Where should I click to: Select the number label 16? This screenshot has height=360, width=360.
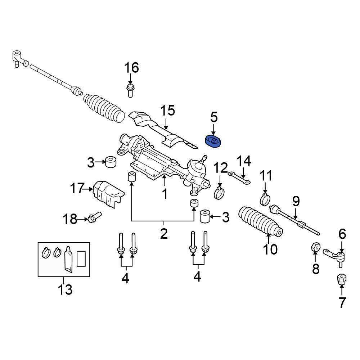click(x=131, y=68)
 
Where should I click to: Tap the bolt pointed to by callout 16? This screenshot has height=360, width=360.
click(x=130, y=90)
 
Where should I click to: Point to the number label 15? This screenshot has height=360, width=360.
click(x=167, y=111)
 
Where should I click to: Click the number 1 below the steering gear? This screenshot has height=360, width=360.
click(x=165, y=194)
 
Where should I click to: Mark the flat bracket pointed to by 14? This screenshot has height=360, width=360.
click(x=239, y=178)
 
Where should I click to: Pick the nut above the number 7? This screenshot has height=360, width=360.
click(x=341, y=279)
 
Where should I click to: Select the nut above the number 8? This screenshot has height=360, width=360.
click(x=315, y=247)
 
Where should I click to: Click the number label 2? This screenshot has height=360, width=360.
click(x=164, y=234)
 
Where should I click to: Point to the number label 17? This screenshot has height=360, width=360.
click(x=77, y=188)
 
